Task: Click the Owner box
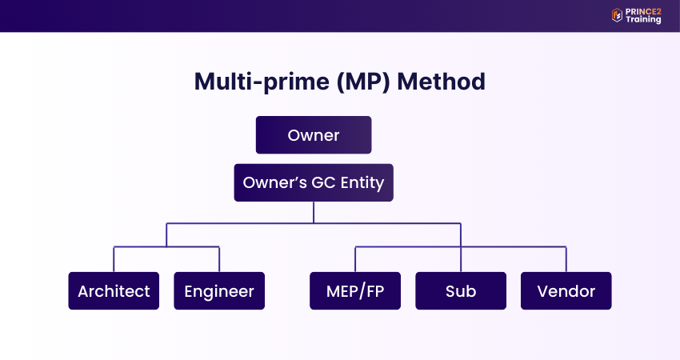click(x=313, y=134)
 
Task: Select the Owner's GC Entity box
click(x=313, y=182)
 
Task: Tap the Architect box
click(x=114, y=290)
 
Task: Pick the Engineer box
click(x=219, y=290)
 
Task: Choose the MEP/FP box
click(x=355, y=290)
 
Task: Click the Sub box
click(x=461, y=290)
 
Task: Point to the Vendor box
click(x=566, y=290)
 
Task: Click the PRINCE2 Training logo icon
click(x=617, y=14)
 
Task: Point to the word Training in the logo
click(x=643, y=20)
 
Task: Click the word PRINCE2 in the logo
click(x=643, y=10)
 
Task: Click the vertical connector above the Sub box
click(x=461, y=259)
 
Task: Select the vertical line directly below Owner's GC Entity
click(x=314, y=212)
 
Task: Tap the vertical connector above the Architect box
click(x=114, y=259)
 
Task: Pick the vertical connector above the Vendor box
click(x=566, y=259)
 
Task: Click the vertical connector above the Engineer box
click(x=219, y=259)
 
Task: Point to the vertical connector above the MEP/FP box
click(x=355, y=259)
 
